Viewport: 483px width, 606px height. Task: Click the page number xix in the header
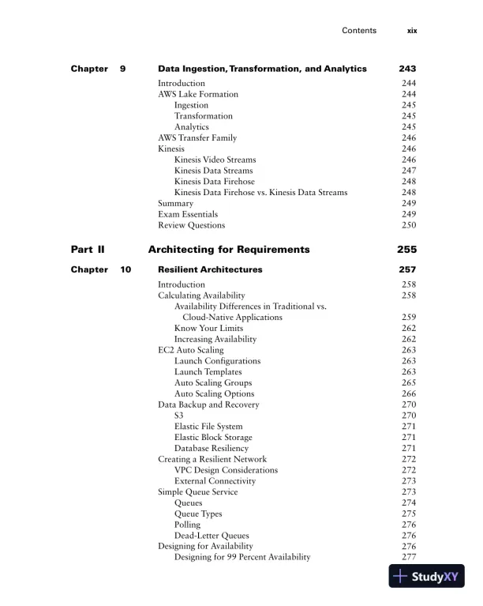point(411,31)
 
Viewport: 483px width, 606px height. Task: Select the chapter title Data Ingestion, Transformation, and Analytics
point(262,69)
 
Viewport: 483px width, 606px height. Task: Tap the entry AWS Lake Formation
point(198,94)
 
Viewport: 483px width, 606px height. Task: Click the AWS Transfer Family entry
point(197,137)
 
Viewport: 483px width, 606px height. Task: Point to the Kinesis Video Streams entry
point(215,160)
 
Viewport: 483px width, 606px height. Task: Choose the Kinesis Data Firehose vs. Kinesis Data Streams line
point(260,192)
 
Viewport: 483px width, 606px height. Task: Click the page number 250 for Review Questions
point(408,225)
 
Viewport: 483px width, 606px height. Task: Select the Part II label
point(88,250)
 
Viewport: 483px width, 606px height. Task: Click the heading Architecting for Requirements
point(229,250)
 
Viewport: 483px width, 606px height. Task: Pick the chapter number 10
point(126,269)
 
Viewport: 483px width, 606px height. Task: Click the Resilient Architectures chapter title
point(210,269)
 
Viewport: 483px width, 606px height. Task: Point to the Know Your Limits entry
point(208,328)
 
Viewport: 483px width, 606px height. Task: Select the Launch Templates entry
point(208,371)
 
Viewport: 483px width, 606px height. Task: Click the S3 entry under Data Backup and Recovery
point(180,415)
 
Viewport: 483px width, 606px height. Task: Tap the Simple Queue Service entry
point(197,491)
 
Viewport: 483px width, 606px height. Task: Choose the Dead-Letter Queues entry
point(212,535)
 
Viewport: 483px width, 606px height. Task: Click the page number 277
point(408,557)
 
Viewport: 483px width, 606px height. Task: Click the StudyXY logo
point(427,578)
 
